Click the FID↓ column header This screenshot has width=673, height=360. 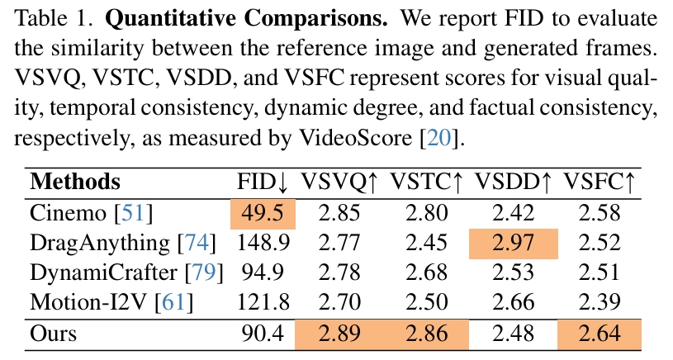[x=263, y=182]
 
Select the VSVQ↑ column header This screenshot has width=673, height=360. [x=339, y=182]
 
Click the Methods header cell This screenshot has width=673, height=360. [x=75, y=182]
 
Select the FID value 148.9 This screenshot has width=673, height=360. [x=263, y=243]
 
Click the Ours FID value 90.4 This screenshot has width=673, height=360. [x=263, y=334]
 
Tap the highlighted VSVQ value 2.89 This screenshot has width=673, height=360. [x=339, y=334]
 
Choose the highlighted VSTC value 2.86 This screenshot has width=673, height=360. [x=426, y=334]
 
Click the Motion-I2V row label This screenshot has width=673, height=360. [x=90, y=303]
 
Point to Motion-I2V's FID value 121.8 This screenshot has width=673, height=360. [x=263, y=303]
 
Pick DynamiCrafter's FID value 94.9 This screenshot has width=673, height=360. [x=263, y=273]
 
